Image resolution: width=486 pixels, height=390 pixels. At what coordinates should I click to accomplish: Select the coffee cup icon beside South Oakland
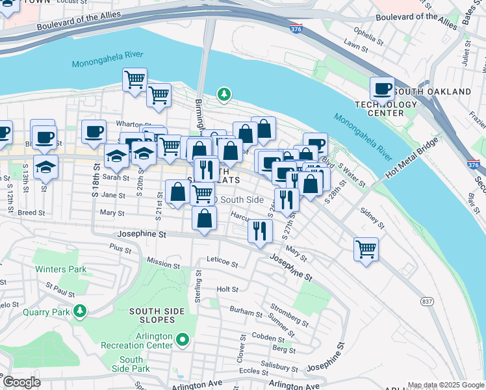(x=382, y=89)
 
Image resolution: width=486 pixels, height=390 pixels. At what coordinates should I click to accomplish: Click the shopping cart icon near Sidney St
(x=366, y=248)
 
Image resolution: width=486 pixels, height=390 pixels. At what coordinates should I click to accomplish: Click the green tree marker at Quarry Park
(x=80, y=311)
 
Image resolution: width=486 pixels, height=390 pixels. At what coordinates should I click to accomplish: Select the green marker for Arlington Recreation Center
(x=183, y=339)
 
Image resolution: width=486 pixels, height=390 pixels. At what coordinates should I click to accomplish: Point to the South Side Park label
(x=131, y=364)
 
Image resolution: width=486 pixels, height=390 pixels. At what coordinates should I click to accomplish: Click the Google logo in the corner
(x=21, y=382)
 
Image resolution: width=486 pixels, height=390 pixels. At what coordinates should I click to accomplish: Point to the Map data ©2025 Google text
(x=444, y=384)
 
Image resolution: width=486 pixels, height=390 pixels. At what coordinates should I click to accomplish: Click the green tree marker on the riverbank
(x=224, y=96)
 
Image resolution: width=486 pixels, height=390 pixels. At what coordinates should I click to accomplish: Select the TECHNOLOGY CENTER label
(x=386, y=109)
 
